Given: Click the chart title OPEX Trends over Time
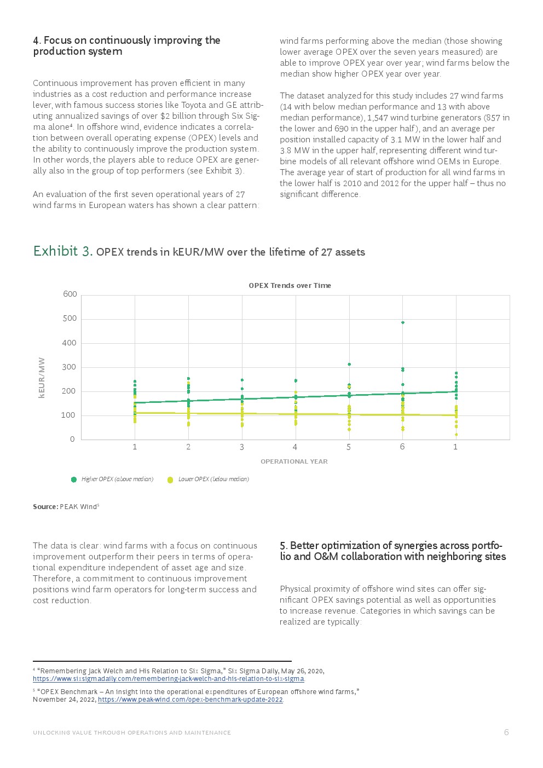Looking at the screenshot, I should coord(290,285).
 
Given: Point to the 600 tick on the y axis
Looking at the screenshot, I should coord(70,294).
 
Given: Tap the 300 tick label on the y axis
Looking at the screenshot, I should coord(69,367).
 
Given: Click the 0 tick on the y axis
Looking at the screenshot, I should coord(72,439).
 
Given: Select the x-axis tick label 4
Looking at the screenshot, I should coord(295,447).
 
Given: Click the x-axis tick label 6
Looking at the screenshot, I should coord(402,447).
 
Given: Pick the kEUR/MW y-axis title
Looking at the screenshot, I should coord(42,378).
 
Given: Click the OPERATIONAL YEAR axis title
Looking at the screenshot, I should coord(294,461).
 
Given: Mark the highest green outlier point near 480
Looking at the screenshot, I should coord(403,322).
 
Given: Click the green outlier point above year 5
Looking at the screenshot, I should coord(349,364).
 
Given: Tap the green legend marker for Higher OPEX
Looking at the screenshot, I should coord(74,480).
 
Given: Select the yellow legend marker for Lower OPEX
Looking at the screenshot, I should coord(170,480).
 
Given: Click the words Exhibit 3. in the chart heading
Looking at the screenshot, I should coord(62,251).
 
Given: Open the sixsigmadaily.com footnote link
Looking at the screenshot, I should coord(168,679).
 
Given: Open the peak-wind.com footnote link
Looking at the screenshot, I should coord(190,700).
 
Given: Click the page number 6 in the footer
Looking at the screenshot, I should coord(506,732).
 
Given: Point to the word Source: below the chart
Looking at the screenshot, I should coord(45,506).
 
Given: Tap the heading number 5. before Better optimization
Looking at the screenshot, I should coord(284,546).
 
